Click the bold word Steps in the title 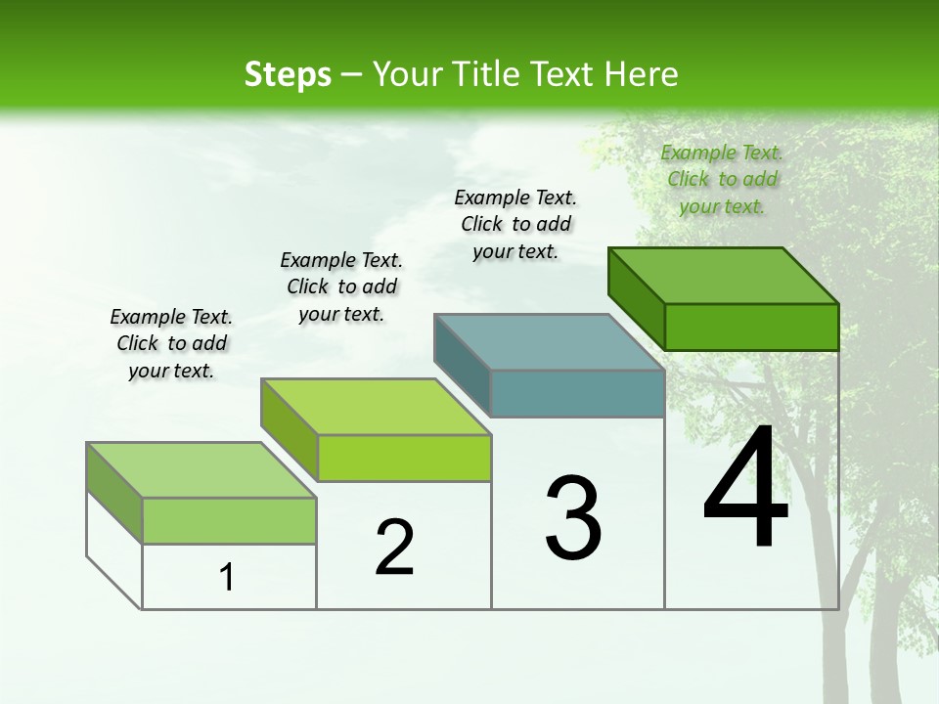(x=288, y=74)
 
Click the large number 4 (x=745, y=489)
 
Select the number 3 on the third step (x=573, y=518)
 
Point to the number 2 (x=394, y=548)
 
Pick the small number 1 (x=227, y=577)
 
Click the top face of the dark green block (x=724, y=275)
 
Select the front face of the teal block (x=577, y=394)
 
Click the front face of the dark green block (x=751, y=327)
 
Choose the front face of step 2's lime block (x=404, y=458)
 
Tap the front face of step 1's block (x=229, y=520)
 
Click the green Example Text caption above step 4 (x=722, y=179)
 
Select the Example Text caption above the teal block (x=515, y=224)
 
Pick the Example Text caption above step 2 (x=341, y=286)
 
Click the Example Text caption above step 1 (x=171, y=343)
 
